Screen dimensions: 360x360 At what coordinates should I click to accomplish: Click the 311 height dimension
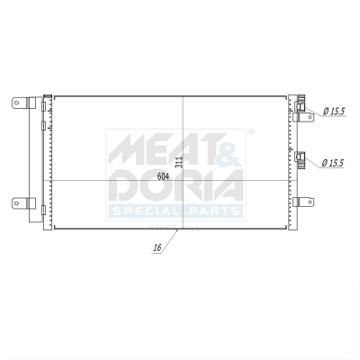(179, 163)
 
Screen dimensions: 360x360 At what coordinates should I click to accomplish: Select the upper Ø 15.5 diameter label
(334, 111)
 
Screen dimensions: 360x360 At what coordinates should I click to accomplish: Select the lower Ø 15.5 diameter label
(334, 163)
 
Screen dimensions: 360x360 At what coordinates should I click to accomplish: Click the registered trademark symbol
(251, 132)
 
